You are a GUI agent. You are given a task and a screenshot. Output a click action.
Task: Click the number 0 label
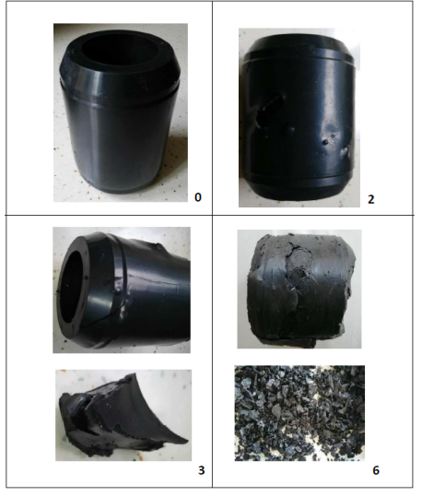tap(197, 197)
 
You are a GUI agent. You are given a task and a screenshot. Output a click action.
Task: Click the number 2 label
tap(371, 199)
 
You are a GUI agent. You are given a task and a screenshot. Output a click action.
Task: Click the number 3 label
tap(202, 470)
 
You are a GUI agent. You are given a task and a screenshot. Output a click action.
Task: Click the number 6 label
tap(376, 470)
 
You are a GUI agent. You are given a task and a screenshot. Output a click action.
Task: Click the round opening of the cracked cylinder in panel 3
tap(74, 290)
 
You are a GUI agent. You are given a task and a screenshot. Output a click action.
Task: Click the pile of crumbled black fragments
tap(299, 413)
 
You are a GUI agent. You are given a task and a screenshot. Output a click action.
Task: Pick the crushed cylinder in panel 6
tap(301, 289)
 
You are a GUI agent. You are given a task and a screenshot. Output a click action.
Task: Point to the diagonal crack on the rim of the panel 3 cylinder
tap(102, 318)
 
